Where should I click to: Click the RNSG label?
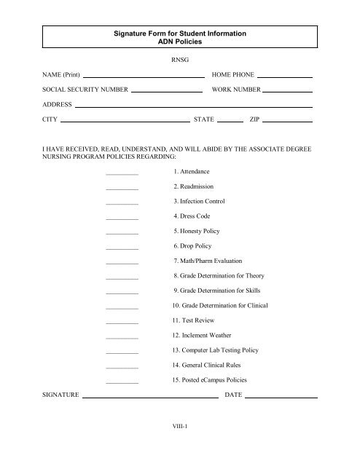(x=179, y=61)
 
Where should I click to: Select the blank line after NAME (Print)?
(x=144, y=76)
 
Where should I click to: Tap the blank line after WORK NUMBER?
(x=287, y=90)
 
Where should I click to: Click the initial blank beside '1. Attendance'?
(x=122, y=173)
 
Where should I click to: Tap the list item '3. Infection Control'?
(x=199, y=201)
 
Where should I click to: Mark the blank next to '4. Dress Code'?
(x=122, y=218)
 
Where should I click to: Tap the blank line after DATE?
(x=281, y=398)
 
